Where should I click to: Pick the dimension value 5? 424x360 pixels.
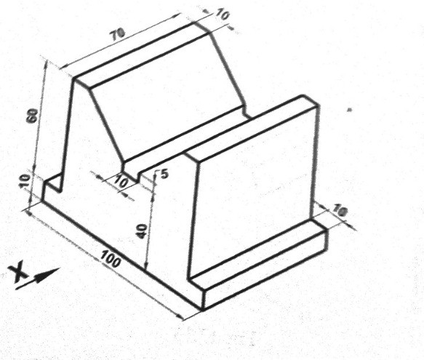[163, 174]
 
